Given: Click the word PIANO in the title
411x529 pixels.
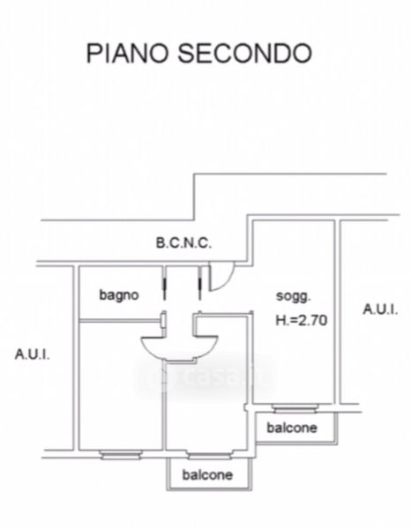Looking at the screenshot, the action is click(x=128, y=53).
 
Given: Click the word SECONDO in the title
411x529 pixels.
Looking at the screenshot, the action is click(x=244, y=53).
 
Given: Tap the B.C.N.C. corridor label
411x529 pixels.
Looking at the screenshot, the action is click(x=183, y=243).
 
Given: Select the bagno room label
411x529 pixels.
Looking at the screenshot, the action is click(x=119, y=295).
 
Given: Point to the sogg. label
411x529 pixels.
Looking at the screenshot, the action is click(x=293, y=296).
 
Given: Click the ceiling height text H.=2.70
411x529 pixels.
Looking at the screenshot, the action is click(x=302, y=320).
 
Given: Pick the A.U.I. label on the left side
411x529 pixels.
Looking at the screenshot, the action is click(x=32, y=354).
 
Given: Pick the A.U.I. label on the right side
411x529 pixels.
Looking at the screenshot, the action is click(x=380, y=309).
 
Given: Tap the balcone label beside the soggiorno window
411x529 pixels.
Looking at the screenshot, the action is click(x=292, y=428).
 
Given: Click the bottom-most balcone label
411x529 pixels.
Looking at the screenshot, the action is click(x=207, y=474).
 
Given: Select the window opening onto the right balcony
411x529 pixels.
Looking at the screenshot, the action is click(x=295, y=409).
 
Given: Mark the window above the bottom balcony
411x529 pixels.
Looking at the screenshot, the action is click(x=209, y=455).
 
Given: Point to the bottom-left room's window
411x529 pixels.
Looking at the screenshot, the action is click(x=121, y=455).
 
